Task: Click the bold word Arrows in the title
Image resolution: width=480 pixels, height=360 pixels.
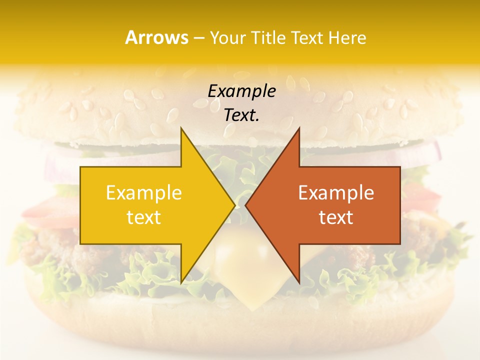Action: tap(156, 37)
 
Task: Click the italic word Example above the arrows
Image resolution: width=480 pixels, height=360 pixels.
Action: tap(241, 91)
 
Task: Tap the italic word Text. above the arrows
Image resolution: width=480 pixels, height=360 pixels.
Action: tap(241, 115)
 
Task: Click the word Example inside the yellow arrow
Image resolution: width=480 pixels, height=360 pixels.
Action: tap(144, 192)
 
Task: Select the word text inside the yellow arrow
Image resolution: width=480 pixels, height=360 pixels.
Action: tap(144, 217)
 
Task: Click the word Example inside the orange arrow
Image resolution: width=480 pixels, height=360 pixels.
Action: tap(336, 192)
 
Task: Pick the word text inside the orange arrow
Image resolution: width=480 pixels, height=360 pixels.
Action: tap(336, 217)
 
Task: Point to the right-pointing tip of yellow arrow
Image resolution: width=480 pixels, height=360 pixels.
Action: tap(234, 205)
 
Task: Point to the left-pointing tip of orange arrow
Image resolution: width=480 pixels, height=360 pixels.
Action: tap(246, 205)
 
